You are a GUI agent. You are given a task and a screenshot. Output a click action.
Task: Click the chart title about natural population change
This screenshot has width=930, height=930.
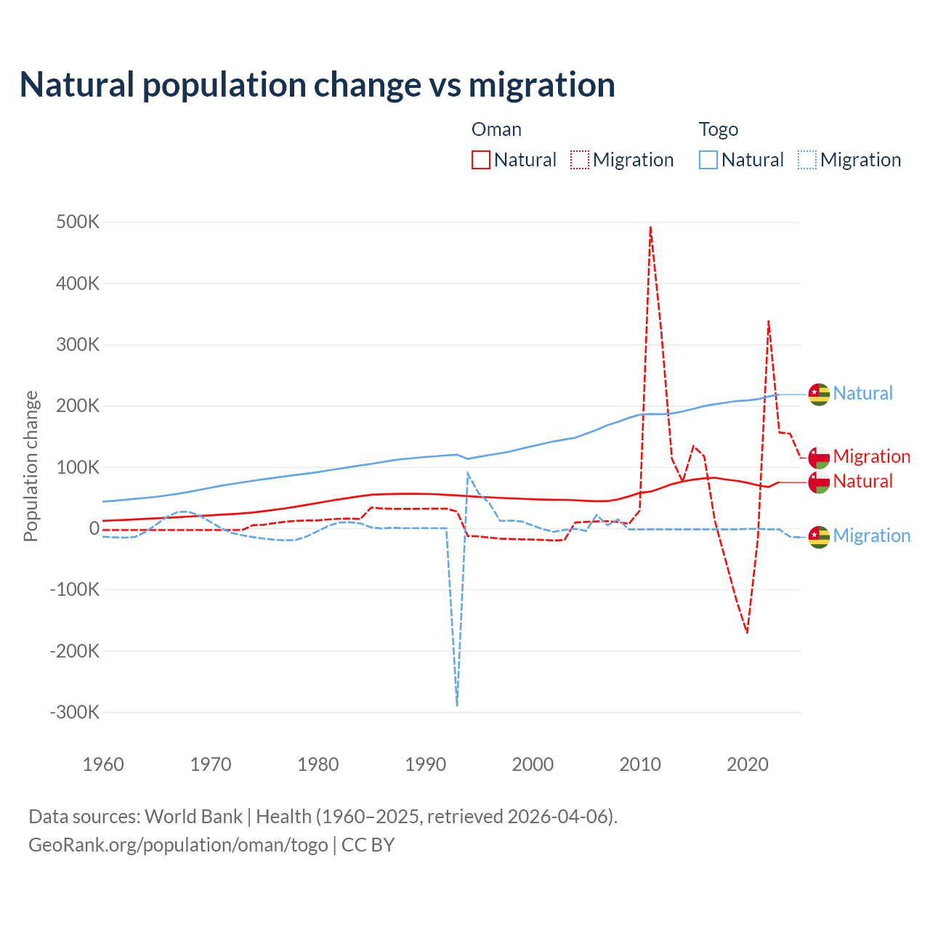(x=318, y=84)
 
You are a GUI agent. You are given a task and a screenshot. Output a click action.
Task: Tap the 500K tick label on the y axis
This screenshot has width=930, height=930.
(x=78, y=222)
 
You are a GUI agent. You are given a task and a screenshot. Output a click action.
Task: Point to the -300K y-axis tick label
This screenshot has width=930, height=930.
(x=75, y=712)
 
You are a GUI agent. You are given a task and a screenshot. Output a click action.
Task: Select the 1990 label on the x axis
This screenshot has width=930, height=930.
(x=425, y=764)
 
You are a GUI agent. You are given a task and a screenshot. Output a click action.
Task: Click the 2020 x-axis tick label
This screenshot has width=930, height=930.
(x=748, y=764)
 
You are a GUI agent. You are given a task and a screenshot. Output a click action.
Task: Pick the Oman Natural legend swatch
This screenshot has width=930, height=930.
(x=481, y=160)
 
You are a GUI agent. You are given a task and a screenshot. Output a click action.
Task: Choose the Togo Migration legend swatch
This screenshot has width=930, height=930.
(x=807, y=160)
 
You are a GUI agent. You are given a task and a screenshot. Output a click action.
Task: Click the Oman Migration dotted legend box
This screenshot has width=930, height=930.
(x=580, y=160)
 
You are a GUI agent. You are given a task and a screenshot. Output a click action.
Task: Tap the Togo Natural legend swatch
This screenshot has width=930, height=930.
(x=708, y=160)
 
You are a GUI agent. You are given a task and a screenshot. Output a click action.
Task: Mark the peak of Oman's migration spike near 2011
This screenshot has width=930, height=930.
(x=650, y=227)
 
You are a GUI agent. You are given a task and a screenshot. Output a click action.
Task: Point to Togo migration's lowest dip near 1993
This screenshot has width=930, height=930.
(x=457, y=705)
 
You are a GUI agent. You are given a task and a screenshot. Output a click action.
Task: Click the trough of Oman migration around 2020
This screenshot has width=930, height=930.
(x=747, y=632)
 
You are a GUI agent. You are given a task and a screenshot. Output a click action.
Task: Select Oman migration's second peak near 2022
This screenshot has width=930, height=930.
(x=768, y=320)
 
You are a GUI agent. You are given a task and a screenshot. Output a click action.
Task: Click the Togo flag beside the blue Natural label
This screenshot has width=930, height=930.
(x=819, y=394)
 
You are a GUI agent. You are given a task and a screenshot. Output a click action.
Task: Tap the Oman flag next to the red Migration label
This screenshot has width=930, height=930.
(x=819, y=457)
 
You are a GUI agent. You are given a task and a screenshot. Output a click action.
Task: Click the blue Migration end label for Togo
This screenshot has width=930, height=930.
(x=871, y=536)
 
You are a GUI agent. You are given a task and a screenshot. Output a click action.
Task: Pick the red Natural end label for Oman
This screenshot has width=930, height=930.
(x=862, y=482)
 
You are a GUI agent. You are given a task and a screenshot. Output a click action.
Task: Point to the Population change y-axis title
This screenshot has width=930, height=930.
(x=31, y=466)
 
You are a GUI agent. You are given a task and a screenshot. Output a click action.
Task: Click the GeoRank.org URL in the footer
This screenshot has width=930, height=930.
(x=178, y=845)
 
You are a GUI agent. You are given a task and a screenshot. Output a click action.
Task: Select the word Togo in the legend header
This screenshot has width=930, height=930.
(x=718, y=129)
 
